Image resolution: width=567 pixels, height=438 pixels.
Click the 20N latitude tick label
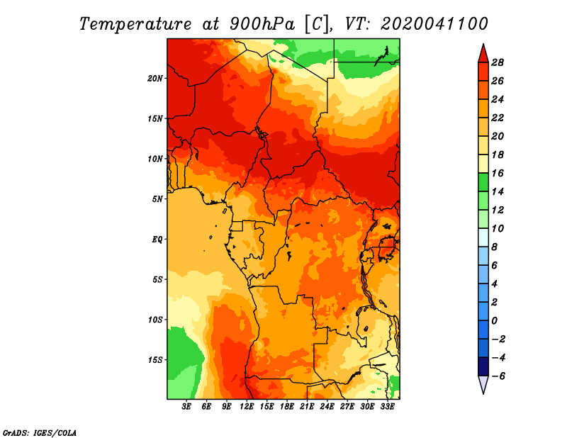click(x=155, y=79)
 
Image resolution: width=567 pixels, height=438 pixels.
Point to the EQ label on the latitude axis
click(x=157, y=240)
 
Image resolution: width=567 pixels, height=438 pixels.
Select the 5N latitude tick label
click(x=157, y=199)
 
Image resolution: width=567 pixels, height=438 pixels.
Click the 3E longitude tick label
click(x=186, y=407)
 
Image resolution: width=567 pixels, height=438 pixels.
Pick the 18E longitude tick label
click(x=286, y=407)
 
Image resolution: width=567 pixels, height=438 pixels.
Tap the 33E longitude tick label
click(x=387, y=407)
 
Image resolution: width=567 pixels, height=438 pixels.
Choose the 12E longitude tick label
click(x=246, y=407)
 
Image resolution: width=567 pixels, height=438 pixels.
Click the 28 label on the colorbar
click(x=498, y=62)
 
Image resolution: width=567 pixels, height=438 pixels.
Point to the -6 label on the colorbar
click(x=498, y=376)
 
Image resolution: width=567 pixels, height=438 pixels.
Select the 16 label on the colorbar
click(x=498, y=173)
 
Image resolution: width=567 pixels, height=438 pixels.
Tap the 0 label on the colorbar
click(x=494, y=321)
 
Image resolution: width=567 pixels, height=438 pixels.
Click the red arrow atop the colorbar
click(x=483, y=55)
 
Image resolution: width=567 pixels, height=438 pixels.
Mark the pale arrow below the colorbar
click(x=483, y=384)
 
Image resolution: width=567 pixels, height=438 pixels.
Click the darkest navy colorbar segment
click(x=483, y=366)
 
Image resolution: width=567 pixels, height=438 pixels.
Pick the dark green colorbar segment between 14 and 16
click(x=483, y=182)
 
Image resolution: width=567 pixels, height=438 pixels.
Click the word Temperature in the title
click(x=135, y=24)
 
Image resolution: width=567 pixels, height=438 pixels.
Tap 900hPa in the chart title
click(x=262, y=24)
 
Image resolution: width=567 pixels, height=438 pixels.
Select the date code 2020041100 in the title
click(x=434, y=24)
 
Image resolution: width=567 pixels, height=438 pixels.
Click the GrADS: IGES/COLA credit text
click(x=40, y=433)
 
